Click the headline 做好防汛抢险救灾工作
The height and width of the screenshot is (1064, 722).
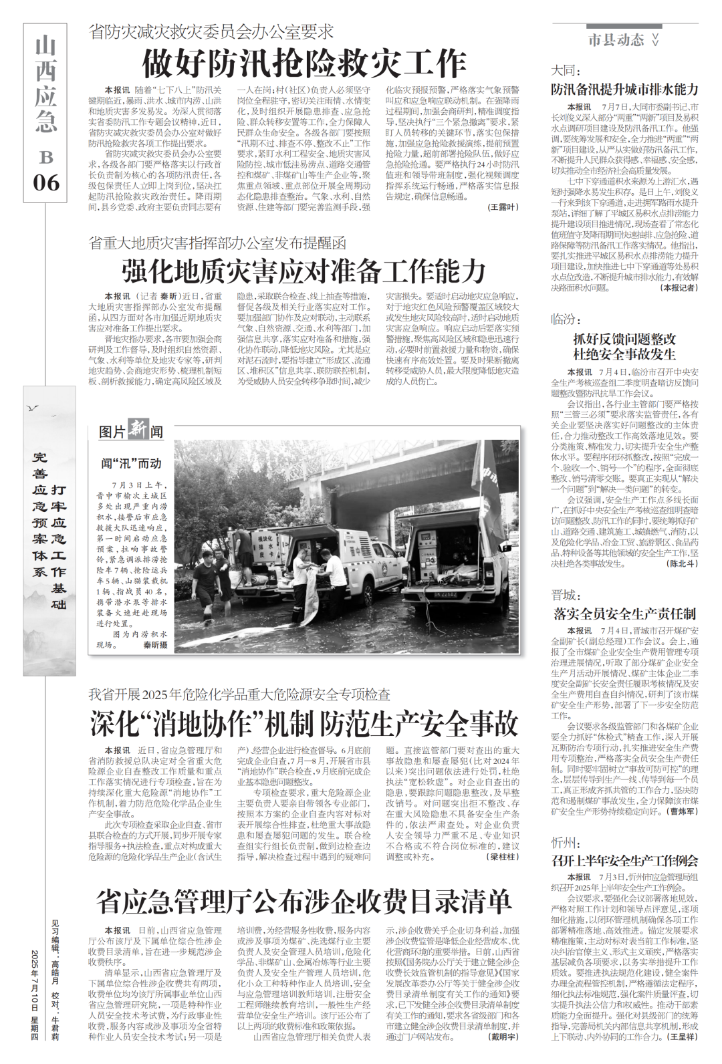point(304,64)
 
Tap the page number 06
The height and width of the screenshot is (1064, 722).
point(45,182)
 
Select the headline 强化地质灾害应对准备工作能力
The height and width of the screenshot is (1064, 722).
point(304,271)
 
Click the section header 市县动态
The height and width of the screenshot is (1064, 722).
point(616,40)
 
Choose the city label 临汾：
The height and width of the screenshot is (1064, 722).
point(565,319)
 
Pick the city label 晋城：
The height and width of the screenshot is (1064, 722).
point(565,595)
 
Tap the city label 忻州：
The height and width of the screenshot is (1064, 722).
point(565,842)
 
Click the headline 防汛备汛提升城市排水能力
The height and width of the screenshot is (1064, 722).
point(624,89)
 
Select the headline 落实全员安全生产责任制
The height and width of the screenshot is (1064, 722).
point(624,614)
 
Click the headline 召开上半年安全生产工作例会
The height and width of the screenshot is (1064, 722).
point(624,860)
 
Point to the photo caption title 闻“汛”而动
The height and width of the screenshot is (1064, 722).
point(131,463)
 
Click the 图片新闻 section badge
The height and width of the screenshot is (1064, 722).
point(131,431)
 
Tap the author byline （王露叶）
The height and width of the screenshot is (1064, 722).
point(503,208)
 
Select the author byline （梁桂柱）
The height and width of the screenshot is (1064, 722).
point(503,856)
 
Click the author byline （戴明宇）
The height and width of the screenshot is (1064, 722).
point(503,1037)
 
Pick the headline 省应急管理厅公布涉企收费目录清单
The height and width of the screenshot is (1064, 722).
point(304,901)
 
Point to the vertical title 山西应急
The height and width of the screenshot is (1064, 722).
point(45,84)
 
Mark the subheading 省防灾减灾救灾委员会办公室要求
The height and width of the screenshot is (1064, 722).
point(211,31)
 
